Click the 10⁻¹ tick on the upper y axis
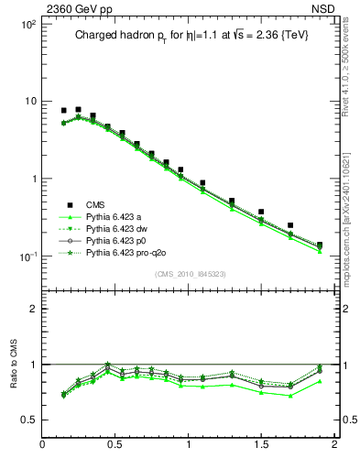27,256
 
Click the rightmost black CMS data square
320,245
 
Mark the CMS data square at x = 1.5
261,212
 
